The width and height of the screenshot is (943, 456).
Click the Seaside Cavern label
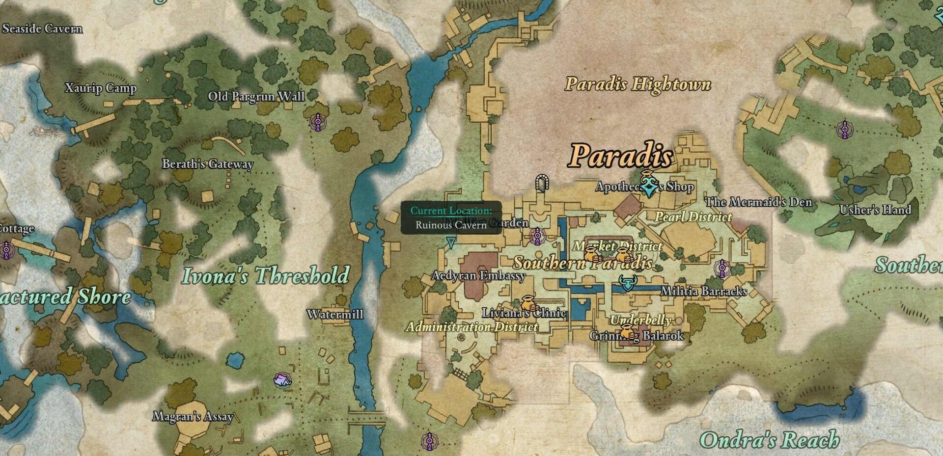click(42, 28)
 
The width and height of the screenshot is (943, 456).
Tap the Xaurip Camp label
click(101, 88)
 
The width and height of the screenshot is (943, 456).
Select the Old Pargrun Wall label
click(256, 96)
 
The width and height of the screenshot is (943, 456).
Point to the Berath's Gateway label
click(208, 164)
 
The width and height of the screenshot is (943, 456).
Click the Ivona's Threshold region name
click(265, 275)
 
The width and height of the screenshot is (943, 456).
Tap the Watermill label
click(335, 314)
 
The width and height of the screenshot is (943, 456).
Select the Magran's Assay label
click(193, 417)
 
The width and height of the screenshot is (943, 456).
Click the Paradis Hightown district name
click(638, 84)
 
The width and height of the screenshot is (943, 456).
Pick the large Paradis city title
click(621, 156)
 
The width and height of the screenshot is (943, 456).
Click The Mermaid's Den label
click(758, 202)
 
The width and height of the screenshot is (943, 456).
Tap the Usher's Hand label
click(875, 210)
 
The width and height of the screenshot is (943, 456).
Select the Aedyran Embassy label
click(478, 276)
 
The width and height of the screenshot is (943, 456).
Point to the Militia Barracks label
click(704, 291)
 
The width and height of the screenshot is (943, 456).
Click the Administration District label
click(472, 327)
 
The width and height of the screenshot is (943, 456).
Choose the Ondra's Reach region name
click(770, 440)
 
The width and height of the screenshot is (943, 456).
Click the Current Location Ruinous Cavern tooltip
click(451, 217)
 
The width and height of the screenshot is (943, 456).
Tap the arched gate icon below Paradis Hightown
click(541, 183)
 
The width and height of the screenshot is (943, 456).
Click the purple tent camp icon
click(282, 379)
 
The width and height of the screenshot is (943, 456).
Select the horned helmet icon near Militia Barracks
click(627, 283)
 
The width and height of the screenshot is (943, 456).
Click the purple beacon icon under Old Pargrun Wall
click(318, 122)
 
